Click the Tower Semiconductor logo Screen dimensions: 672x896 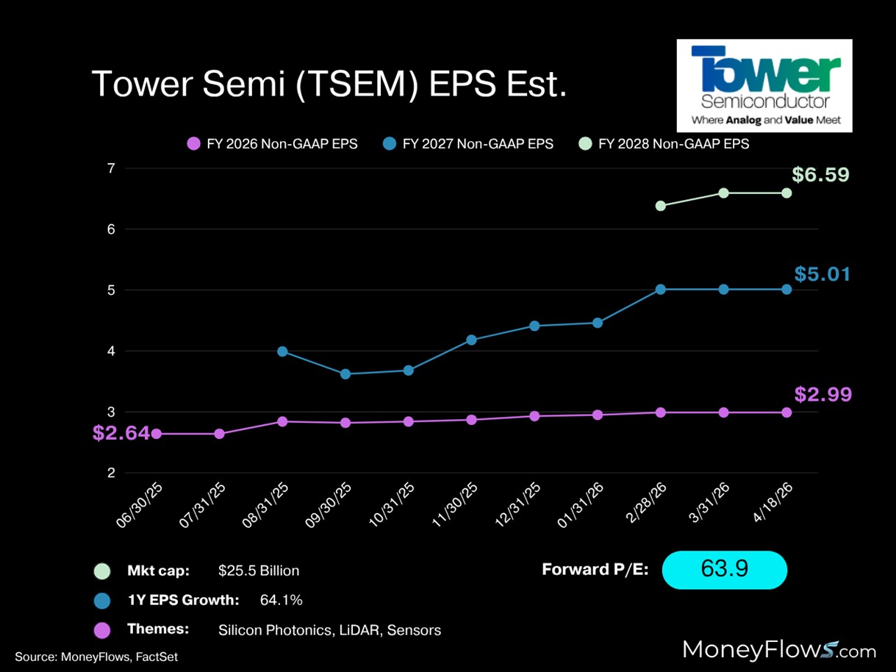pos(764,85)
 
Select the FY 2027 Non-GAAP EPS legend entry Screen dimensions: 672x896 pos(468,144)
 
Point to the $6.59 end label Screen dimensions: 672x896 pos(821,176)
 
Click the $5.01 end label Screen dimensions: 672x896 pos(822,275)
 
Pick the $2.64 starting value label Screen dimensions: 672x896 pos(121,434)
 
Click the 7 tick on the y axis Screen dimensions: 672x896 pos(111,168)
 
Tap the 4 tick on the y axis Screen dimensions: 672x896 pos(111,351)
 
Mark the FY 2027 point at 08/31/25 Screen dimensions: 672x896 pos(282,351)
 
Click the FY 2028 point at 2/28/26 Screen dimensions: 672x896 pos(660,206)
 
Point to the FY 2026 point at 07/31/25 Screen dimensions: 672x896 pos(219,434)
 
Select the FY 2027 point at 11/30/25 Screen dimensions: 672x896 pos(471,340)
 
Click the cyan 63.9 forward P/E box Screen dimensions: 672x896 pos(724,570)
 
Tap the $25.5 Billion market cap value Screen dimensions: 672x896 pos(259,571)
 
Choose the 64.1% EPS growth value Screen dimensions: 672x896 pos(281,601)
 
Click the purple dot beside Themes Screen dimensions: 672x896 pos(102,630)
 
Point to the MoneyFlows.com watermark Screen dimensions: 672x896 pos(779,650)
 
